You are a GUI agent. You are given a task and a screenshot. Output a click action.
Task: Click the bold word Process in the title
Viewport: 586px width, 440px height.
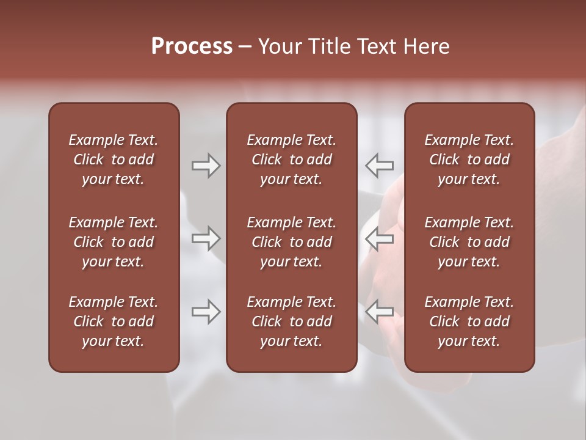coord(192,46)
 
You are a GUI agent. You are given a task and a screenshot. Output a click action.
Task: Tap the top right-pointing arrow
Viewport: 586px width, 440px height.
coord(206,166)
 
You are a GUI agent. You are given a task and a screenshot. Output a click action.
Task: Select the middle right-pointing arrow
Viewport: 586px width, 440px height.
coord(206,238)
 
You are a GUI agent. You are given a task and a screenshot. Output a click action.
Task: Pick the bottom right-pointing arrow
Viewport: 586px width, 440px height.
coord(206,312)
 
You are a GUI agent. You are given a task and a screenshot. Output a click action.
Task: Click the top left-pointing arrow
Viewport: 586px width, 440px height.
coord(380,166)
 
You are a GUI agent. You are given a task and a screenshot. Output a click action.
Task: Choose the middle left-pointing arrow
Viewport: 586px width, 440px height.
coord(380,238)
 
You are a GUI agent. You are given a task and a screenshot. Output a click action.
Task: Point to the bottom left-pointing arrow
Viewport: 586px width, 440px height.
coord(380,312)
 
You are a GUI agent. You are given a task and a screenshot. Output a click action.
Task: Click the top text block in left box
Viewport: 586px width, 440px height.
coord(114,159)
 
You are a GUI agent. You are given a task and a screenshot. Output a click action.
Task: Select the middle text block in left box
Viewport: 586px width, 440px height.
coord(114,242)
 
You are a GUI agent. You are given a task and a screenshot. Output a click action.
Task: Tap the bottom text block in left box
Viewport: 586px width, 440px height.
coord(114,321)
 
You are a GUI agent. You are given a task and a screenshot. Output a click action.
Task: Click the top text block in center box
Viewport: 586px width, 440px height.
coord(291,159)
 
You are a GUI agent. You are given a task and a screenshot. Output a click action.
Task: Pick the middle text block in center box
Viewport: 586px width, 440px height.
coord(291,242)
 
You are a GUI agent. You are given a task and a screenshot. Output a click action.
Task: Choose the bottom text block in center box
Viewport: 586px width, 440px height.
coord(291,321)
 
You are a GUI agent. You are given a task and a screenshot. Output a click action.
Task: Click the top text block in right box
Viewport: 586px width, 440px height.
coord(469,159)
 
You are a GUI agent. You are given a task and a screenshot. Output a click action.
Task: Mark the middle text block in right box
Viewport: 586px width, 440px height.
coord(469,242)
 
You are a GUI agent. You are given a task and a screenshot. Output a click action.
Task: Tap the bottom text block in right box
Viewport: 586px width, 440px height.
coord(469,321)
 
